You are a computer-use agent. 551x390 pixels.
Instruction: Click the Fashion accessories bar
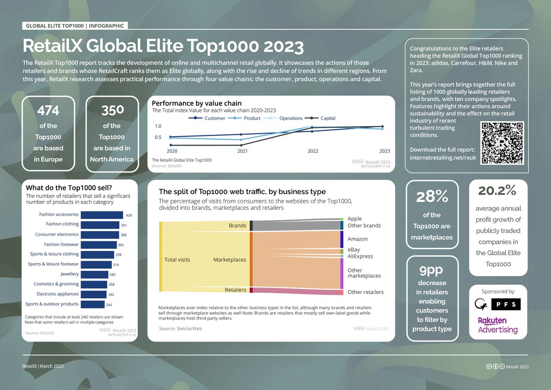(x=102, y=215)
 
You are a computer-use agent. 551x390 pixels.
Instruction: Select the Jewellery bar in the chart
(x=95, y=275)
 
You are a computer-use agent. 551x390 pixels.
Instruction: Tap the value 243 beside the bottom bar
(x=109, y=305)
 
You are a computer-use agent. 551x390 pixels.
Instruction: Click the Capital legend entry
(x=320, y=118)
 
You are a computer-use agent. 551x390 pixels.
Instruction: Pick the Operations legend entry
(x=283, y=118)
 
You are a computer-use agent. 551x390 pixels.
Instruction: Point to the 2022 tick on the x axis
(x=313, y=151)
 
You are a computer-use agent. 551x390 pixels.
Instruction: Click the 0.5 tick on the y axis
(x=158, y=137)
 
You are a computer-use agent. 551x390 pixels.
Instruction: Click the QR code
(x=502, y=143)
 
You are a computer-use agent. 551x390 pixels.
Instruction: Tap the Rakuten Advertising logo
(x=498, y=325)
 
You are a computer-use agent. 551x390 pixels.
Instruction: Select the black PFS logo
(x=506, y=304)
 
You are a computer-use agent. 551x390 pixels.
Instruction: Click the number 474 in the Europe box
(x=48, y=110)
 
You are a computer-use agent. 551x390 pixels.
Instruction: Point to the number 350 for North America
(x=112, y=110)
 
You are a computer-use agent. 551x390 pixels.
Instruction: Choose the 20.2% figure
(x=497, y=191)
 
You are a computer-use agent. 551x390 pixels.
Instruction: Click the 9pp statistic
(x=431, y=270)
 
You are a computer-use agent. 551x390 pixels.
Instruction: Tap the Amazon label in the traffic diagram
(x=357, y=239)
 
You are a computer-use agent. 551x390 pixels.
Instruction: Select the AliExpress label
(x=360, y=256)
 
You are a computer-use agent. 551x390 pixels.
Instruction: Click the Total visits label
(x=177, y=260)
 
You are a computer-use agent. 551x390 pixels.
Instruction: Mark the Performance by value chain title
(x=197, y=103)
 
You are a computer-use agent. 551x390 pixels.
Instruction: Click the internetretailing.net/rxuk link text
(x=443, y=158)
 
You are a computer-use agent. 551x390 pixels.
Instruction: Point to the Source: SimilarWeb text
(x=180, y=328)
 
